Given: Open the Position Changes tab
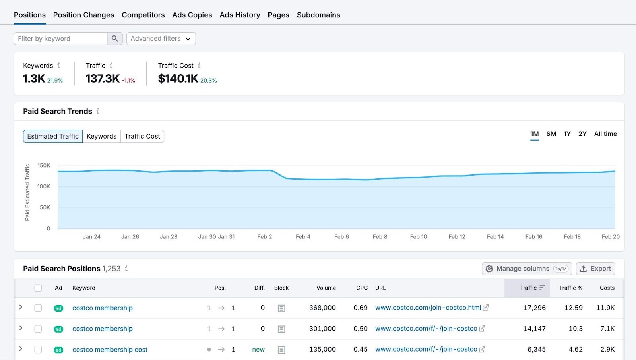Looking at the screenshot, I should [x=83, y=15].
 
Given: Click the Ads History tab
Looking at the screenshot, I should [x=240, y=15].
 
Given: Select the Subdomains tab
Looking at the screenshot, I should [x=318, y=15].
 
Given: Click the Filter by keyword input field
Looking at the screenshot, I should [x=60, y=39].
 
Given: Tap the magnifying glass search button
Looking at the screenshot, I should [x=115, y=39].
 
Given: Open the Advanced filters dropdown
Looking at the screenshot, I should [x=161, y=39].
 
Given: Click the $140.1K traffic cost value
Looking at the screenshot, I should [x=178, y=79].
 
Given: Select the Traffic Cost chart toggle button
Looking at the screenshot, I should [x=142, y=136].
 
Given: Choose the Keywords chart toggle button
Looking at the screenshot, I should [x=101, y=136].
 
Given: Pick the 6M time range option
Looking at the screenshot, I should [x=551, y=134].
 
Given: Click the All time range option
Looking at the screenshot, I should [x=605, y=134].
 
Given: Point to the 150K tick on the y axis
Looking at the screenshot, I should [x=44, y=165].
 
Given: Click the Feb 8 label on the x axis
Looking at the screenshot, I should [x=380, y=237].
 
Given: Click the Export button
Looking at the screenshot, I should [x=595, y=269].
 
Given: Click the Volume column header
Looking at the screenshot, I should [x=326, y=288].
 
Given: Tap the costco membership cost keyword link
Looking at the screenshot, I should [x=110, y=350].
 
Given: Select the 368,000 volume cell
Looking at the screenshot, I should [x=322, y=308].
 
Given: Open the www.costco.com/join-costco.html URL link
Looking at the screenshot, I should [x=428, y=308].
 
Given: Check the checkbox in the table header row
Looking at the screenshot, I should [x=38, y=288].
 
